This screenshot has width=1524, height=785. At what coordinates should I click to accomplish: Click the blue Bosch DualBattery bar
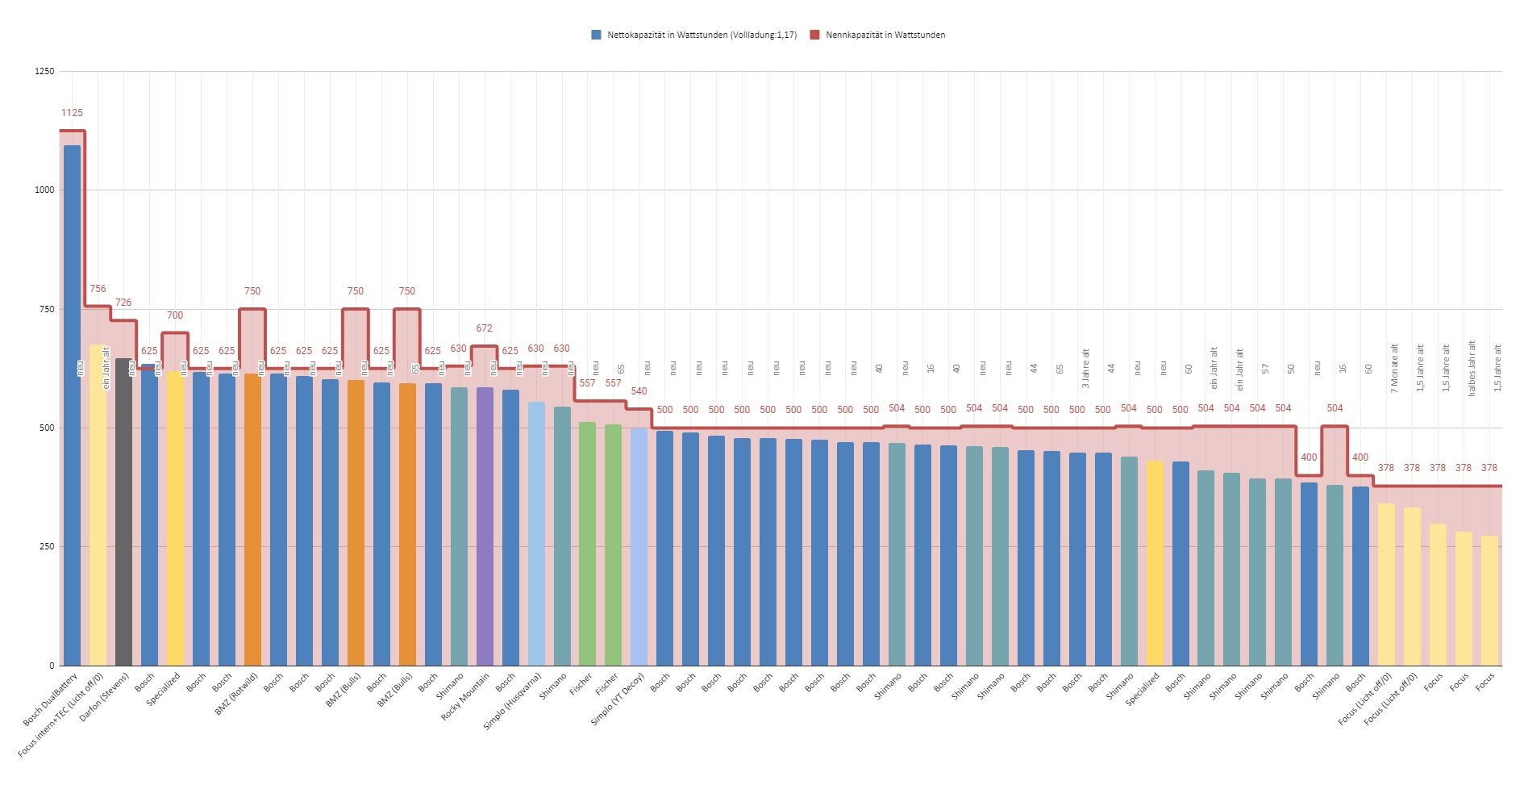pyautogui.click(x=72, y=403)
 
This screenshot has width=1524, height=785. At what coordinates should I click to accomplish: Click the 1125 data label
pyautogui.click(x=72, y=113)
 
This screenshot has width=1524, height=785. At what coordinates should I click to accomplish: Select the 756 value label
pyautogui.click(x=98, y=289)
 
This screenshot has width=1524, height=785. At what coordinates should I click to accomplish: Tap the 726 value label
pyautogui.click(x=123, y=303)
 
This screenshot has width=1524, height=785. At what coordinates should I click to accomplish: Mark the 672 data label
pyautogui.click(x=484, y=328)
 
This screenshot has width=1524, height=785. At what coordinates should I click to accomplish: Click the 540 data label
pyautogui.click(x=639, y=391)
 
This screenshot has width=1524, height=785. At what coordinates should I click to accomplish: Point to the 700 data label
pyautogui.click(x=175, y=315)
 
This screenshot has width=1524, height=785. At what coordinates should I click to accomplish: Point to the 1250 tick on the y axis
pyautogui.click(x=45, y=72)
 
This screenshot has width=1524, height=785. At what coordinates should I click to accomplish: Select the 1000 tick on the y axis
pyautogui.click(x=45, y=190)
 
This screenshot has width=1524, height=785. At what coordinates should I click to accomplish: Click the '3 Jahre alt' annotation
pyautogui.click(x=1085, y=369)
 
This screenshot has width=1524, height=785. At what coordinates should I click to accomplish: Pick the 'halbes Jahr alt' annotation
pyautogui.click(x=1472, y=368)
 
